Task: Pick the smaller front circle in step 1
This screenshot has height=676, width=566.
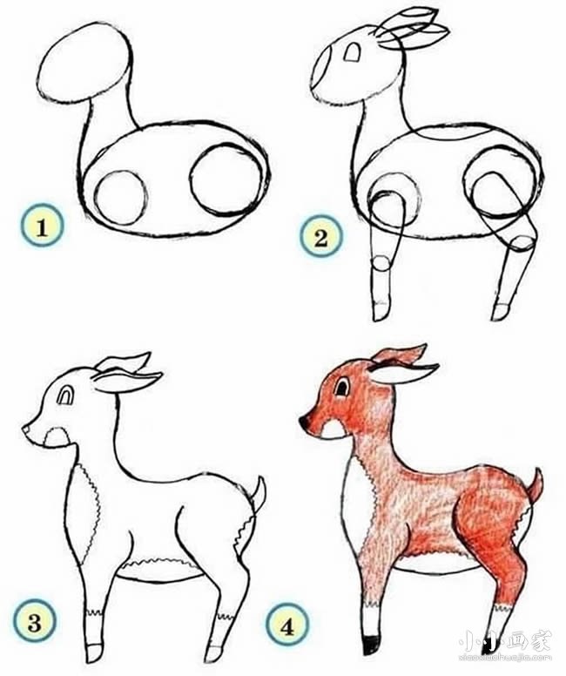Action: (119, 195)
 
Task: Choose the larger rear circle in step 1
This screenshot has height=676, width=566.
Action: (224, 179)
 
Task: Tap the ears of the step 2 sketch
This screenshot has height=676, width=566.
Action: (414, 28)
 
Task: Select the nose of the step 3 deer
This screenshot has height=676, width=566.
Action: (28, 429)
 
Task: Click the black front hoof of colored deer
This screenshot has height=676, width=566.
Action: (373, 644)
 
